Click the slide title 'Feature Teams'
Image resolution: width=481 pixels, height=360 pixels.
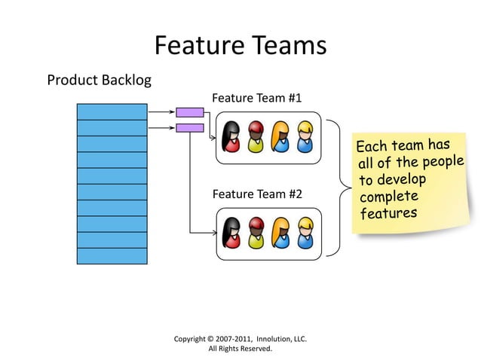240,46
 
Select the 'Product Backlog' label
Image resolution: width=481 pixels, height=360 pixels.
99,80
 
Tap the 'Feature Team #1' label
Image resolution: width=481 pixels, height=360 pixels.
257,99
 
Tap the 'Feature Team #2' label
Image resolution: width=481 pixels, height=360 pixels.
257,194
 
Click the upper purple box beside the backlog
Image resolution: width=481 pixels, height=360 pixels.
190,112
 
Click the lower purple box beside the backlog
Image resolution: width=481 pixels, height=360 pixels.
190,128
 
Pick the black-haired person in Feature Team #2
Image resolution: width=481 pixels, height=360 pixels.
231,233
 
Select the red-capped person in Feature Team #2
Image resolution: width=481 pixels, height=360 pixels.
256,233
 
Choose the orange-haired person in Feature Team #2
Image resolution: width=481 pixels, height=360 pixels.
281,233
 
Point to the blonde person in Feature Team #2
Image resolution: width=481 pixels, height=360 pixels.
305,233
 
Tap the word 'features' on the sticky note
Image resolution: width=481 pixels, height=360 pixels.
388,214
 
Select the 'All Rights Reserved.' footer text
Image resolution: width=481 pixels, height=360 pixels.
240,349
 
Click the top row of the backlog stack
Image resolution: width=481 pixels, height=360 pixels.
112,111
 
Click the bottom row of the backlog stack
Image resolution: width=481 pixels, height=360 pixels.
112,256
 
